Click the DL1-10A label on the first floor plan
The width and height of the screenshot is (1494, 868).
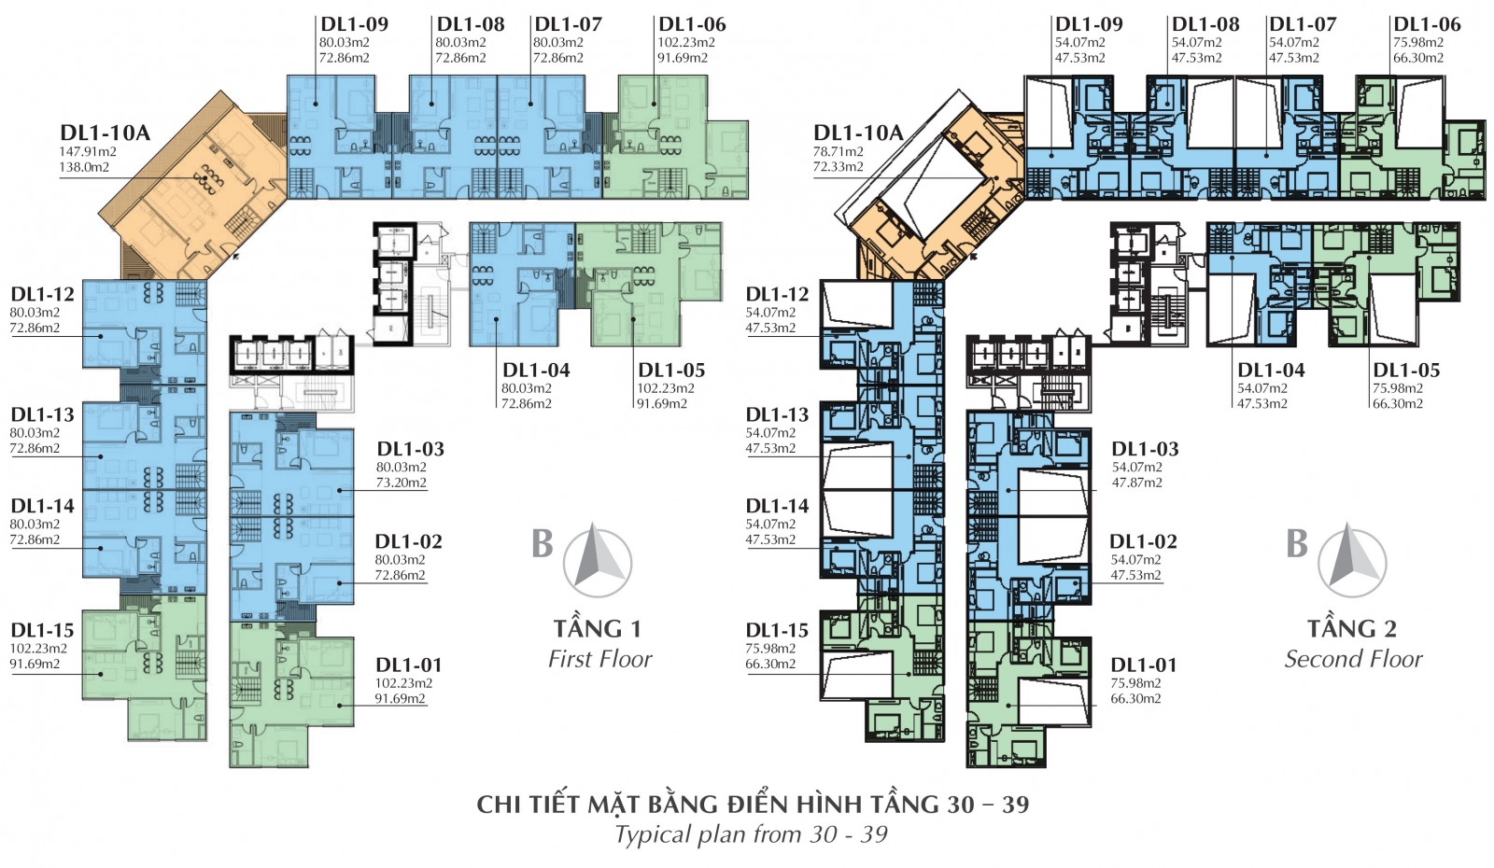[105, 133]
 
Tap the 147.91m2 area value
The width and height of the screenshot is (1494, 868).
[89, 152]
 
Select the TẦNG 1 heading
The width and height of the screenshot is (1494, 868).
[597, 628]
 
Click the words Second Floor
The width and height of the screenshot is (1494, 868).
[1353, 659]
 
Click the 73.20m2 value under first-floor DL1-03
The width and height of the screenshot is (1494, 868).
[401, 483]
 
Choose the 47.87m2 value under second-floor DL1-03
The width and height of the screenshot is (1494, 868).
[1136, 483]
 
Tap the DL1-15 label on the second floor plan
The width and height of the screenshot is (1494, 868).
[777, 630]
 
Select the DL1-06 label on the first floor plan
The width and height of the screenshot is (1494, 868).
[692, 24]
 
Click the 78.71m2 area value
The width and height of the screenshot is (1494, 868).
[838, 152]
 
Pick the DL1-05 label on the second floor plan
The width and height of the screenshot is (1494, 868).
[1406, 370]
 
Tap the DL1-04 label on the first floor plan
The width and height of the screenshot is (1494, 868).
[536, 370]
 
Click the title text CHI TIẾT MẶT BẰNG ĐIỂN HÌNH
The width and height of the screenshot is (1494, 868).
[673, 804]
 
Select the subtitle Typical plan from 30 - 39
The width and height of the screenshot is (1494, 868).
[751, 834]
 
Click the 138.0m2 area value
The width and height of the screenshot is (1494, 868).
[85, 167]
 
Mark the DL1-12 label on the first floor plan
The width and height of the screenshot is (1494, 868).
[42, 294]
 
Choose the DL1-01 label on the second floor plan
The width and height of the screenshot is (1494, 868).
[1143, 665]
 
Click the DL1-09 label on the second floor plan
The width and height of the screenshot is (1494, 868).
[1089, 24]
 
